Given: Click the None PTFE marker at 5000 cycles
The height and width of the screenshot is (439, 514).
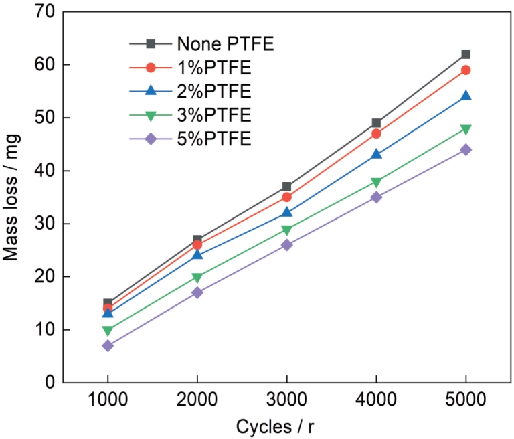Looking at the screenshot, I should (x=465, y=54).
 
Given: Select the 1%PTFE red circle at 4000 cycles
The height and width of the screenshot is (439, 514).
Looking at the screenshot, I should (x=376, y=134).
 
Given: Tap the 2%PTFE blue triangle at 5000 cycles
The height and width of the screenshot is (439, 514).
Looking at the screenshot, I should (x=465, y=96).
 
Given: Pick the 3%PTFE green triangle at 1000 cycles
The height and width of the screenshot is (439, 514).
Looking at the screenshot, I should (x=108, y=330).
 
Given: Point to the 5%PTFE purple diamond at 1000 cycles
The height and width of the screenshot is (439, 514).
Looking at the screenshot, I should (x=108, y=345).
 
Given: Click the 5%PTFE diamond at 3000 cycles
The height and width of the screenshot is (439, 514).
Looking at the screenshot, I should (x=286, y=245).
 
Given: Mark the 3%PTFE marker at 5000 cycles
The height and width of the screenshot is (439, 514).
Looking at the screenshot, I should (x=465, y=129).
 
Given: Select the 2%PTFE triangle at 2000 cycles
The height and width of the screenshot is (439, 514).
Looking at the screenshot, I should (x=197, y=255).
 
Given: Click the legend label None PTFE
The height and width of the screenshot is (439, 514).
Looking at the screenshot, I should (x=226, y=45).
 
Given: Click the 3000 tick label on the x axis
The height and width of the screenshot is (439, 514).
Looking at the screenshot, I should (x=286, y=402).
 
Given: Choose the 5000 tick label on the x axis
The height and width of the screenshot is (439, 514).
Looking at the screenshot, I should (x=465, y=402).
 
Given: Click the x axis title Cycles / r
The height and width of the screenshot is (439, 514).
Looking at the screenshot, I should (x=286, y=426).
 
